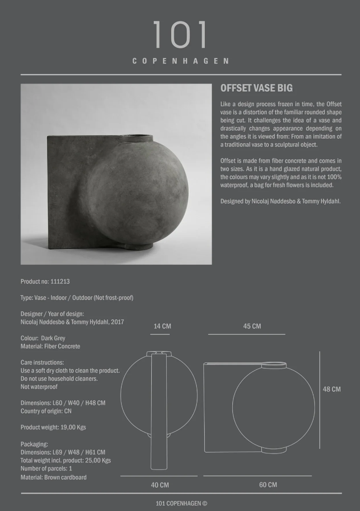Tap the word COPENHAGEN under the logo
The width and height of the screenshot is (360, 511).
pyautogui.click(x=180, y=61)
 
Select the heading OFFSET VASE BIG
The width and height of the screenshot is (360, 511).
pyautogui.click(x=256, y=89)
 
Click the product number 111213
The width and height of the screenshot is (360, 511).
pyautogui.click(x=60, y=282)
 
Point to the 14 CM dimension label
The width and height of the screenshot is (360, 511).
pyautogui.click(x=162, y=326)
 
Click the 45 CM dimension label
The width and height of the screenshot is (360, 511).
pyautogui.click(x=252, y=326)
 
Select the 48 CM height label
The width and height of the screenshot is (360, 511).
pyautogui.click(x=331, y=389)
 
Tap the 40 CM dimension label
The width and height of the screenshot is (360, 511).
pyautogui.click(x=160, y=485)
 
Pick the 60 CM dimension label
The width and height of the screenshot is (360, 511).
pyautogui.click(x=268, y=485)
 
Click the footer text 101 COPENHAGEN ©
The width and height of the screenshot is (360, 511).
pyautogui.click(x=181, y=503)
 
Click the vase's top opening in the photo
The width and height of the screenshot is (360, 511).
pyautogui.click(x=138, y=137)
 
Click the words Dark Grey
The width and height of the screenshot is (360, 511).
pyautogui.click(x=53, y=338)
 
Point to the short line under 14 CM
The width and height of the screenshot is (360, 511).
pyautogui.click(x=160, y=334)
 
